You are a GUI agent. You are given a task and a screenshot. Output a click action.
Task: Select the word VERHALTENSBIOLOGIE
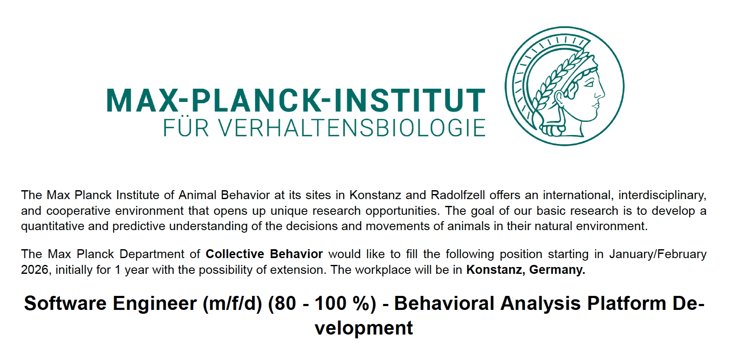[x=353, y=128]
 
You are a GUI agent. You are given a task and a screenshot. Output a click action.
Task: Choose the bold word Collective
[x=235, y=254]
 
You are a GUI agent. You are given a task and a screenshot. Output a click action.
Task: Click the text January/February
[x=658, y=254]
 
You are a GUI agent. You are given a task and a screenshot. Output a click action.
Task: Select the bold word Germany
[x=557, y=270]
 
